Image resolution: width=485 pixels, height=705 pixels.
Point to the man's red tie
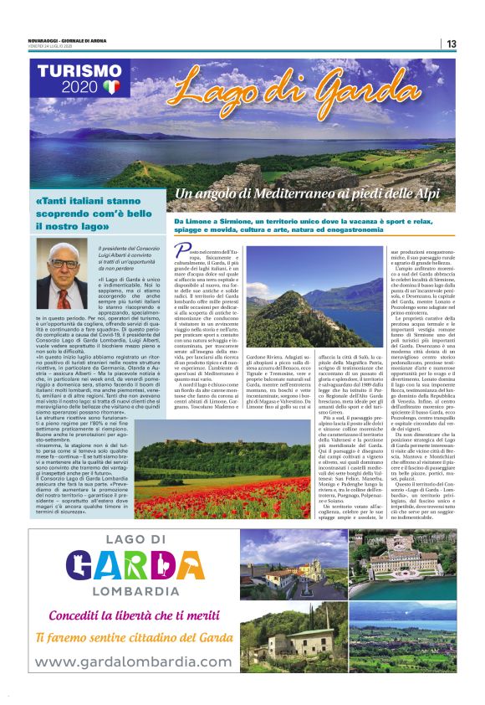tap(61, 296)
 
